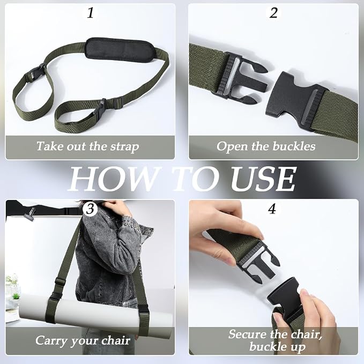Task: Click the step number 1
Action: (90, 13)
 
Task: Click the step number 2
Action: (273, 13)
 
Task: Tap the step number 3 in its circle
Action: (90, 209)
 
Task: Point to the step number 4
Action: (272, 209)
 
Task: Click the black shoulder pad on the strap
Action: (120, 50)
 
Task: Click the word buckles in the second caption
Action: (294, 146)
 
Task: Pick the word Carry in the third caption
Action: (51, 341)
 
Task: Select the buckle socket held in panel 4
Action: (286, 296)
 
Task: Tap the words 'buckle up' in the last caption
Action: (277, 347)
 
